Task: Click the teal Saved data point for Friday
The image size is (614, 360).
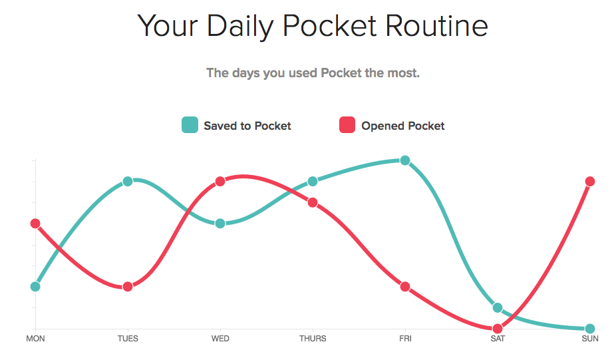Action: click(x=405, y=160)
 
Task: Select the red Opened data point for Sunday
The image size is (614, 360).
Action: click(x=590, y=182)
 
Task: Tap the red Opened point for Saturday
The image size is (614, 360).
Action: click(x=498, y=328)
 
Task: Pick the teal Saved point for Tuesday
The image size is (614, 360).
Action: click(x=128, y=182)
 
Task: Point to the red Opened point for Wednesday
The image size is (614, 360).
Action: click(x=220, y=182)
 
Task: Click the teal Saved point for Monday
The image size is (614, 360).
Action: click(x=35, y=287)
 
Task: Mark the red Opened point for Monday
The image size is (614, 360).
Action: click(x=35, y=224)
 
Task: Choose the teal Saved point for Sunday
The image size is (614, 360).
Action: click(x=590, y=329)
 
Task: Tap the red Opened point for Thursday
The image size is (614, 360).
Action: click(x=313, y=202)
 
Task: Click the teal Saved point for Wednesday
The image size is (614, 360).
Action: click(x=220, y=224)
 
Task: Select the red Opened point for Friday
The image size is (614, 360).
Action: click(x=405, y=287)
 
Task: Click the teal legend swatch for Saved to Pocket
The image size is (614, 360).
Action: click(x=190, y=125)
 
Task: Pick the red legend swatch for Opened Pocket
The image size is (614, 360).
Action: click(x=347, y=125)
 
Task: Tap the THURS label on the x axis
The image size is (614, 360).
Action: click(x=313, y=339)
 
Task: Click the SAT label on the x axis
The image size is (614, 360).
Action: click(x=498, y=339)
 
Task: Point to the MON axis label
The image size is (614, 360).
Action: click(x=35, y=339)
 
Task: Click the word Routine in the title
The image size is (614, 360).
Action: click(x=436, y=26)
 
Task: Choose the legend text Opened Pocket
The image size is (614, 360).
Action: click(x=403, y=126)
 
